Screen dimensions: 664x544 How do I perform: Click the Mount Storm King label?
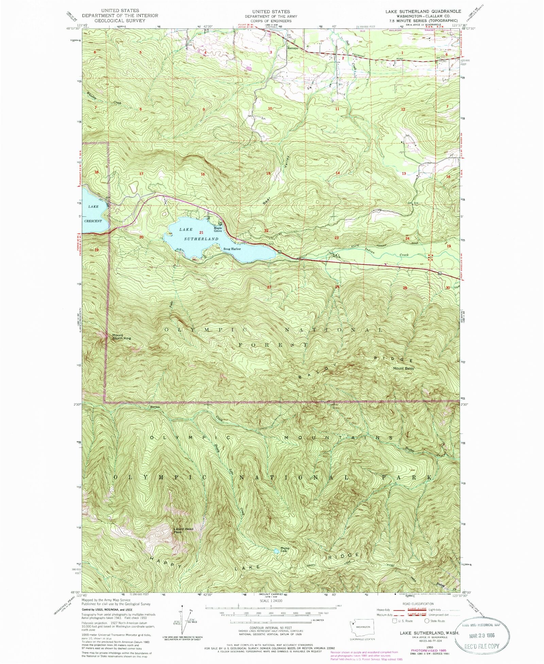pyautogui.click(x=121, y=336)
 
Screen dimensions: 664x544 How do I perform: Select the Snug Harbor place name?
pyautogui.click(x=232, y=249)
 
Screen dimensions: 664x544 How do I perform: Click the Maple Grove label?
pyautogui.click(x=218, y=230)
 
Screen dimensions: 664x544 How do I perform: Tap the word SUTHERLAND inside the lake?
pyautogui.click(x=201, y=239)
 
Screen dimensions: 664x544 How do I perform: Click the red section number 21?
pyautogui.click(x=201, y=232)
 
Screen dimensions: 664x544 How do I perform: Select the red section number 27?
pyautogui.click(x=269, y=287)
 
